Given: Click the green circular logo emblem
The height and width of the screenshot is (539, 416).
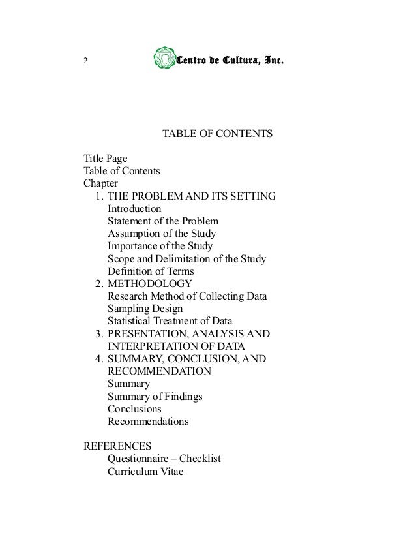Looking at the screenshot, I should click(163, 60).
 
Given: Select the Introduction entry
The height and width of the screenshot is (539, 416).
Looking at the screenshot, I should click(134, 208).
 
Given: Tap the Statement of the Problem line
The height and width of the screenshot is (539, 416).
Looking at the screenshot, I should click(163, 221).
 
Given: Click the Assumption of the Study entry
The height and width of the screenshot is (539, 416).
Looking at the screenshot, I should click(161, 233).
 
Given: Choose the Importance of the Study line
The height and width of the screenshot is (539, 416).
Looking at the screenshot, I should click(160, 246).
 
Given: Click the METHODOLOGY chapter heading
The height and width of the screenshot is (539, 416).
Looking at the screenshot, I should click(149, 284).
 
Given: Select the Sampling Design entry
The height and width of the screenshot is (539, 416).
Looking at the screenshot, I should click(145, 309).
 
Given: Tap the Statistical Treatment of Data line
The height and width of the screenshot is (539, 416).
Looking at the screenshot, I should click(170, 321).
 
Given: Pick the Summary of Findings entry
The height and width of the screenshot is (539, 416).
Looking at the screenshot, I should click(155, 396).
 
